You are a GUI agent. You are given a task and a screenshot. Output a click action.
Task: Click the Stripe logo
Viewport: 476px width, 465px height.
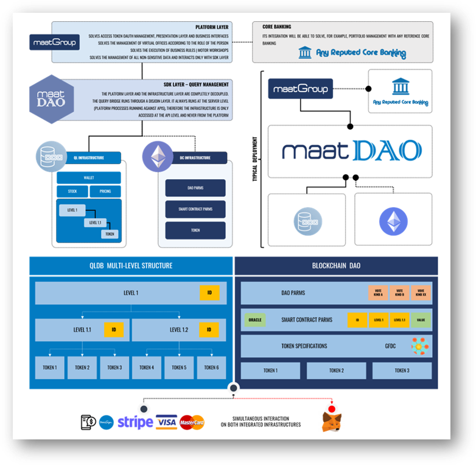[x=135, y=422]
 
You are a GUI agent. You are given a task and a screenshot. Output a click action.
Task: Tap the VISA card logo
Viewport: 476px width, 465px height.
[x=166, y=422]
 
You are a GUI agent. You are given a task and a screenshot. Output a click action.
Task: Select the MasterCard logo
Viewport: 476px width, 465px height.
[x=192, y=422]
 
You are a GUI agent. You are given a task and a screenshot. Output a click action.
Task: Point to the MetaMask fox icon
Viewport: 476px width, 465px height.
[x=331, y=421]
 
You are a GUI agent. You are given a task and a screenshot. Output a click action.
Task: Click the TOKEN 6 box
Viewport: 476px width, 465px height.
[x=211, y=367]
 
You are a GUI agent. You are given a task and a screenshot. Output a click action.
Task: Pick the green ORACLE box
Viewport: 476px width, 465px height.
[x=254, y=319]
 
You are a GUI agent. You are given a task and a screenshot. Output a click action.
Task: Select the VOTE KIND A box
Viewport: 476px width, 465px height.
[x=378, y=293]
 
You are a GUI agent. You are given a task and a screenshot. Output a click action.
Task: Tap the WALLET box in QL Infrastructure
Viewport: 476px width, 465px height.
[x=88, y=178]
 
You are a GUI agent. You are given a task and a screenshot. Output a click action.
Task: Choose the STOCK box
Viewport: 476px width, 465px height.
[x=72, y=191]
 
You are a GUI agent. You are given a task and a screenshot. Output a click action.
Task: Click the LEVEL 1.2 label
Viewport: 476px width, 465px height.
[x=179, y=330]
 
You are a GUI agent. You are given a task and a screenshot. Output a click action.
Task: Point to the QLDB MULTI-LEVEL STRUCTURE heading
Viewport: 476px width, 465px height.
[x=131, y=266]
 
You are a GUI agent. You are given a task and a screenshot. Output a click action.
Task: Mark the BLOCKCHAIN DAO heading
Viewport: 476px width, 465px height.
[x=336, y=266]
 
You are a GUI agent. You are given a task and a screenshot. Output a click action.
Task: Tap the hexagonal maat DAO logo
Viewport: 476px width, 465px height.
[x=52, y=99]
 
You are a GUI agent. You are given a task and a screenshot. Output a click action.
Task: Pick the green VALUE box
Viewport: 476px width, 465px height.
[x=421, y=319]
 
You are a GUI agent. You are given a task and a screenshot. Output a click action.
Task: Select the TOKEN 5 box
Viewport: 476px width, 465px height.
[x=179, y=367]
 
